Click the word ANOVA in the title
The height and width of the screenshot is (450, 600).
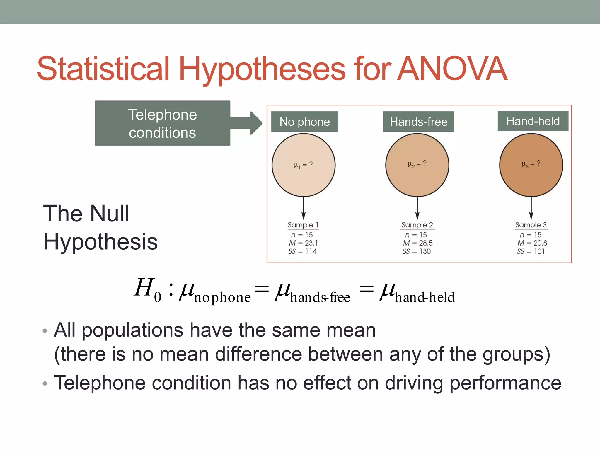[452, 69]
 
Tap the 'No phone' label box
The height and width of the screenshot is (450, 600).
[304, 122]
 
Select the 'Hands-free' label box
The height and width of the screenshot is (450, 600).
[418, 122]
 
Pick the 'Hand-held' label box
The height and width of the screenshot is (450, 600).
[533, 121]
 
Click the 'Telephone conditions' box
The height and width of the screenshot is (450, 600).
[162, 123]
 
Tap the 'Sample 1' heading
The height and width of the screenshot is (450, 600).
[303, 225]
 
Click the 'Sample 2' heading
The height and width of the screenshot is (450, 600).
[417, 225]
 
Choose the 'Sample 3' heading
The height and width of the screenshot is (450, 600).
[531, 225]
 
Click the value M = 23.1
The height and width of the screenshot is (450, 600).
[303, 243]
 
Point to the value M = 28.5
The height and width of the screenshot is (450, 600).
[417, 243]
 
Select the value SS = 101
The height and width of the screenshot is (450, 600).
[531, 251]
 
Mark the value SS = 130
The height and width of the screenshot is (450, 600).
[417, 251]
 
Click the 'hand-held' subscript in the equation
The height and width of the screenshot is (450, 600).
[425, 297]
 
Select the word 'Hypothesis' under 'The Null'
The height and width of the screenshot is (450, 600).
[100, 242]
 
